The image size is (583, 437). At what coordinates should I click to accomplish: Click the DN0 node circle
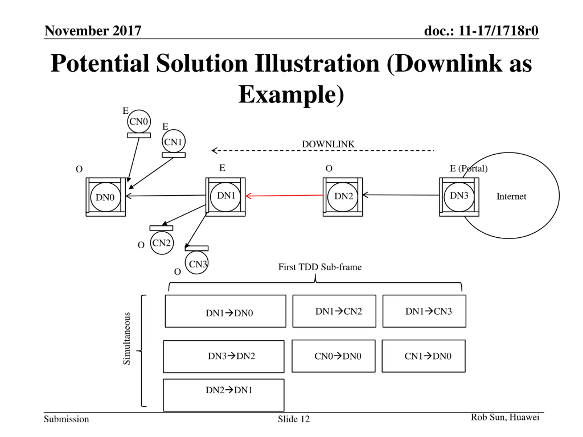tap(105, 197)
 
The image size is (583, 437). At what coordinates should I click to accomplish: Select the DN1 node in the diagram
tap(225, 196)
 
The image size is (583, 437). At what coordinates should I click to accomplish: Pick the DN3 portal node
tap(459, 196)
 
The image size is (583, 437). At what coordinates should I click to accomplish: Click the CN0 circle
tap(139, 122)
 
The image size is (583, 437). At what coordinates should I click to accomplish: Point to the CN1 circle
tap(174, 141)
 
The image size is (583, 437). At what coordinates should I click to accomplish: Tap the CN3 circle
tap(197, 263)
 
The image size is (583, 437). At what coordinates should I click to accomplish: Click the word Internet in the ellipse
tap(511, 196)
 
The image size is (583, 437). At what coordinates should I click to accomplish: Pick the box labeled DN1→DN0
tap(225, 311)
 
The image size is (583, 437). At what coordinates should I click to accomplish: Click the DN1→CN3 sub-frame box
tap(424, 311)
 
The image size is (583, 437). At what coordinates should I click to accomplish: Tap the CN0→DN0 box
tap(333, 356)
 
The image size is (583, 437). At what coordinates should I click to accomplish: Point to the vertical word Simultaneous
tap(127, 338)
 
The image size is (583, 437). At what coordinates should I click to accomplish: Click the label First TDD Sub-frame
tap(320, 267)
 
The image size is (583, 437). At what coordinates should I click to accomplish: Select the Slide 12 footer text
tap(294, 419)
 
